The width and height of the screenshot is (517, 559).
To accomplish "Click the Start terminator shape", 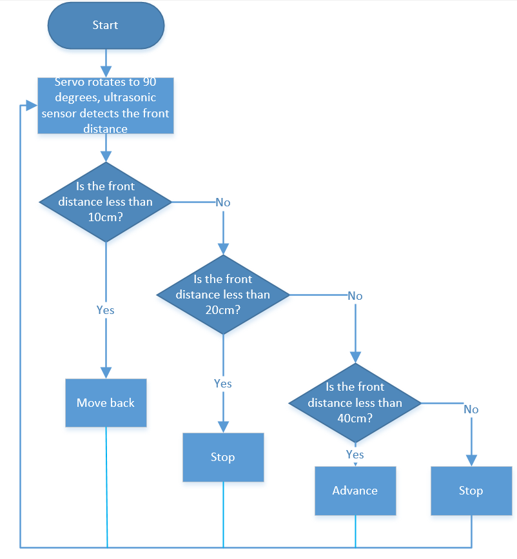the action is [x=106, y=25].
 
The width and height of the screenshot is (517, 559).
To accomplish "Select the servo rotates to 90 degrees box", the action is [x=106, y=106].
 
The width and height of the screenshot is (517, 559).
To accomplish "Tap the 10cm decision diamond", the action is [x=106, y=202].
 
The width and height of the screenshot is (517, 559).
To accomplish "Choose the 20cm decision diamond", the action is [x=223, y=295].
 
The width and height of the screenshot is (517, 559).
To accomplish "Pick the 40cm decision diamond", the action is [x=355, y=403].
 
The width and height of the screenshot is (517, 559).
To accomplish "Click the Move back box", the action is [x=106, y=403].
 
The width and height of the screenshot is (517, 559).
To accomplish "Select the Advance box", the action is [x=355, y=491].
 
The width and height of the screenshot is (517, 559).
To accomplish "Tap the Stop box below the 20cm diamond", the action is [x=223, y=457].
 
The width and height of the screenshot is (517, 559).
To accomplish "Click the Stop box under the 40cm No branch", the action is [x=471, y=491].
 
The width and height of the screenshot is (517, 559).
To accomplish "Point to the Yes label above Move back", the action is [x=106, y=310].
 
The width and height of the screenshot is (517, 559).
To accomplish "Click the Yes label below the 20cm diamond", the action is [x=223, y=384].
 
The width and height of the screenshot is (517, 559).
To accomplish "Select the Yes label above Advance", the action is [x=355, y=455].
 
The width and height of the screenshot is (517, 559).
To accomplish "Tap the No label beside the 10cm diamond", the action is [x=223, y=202].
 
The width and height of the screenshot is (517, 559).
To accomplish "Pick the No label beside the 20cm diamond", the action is [x=355, y=296].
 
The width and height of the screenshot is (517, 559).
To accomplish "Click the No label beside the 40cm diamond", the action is [x=471, y=409].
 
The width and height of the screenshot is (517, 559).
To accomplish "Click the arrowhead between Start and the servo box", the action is [x=106, y=72].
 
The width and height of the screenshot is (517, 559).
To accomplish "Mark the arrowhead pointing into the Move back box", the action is [x=106, y=373].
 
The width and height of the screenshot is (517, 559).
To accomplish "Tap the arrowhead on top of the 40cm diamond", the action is [x=355, y=357].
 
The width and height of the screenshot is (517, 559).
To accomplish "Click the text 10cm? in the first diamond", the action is [x=106, y=217].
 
